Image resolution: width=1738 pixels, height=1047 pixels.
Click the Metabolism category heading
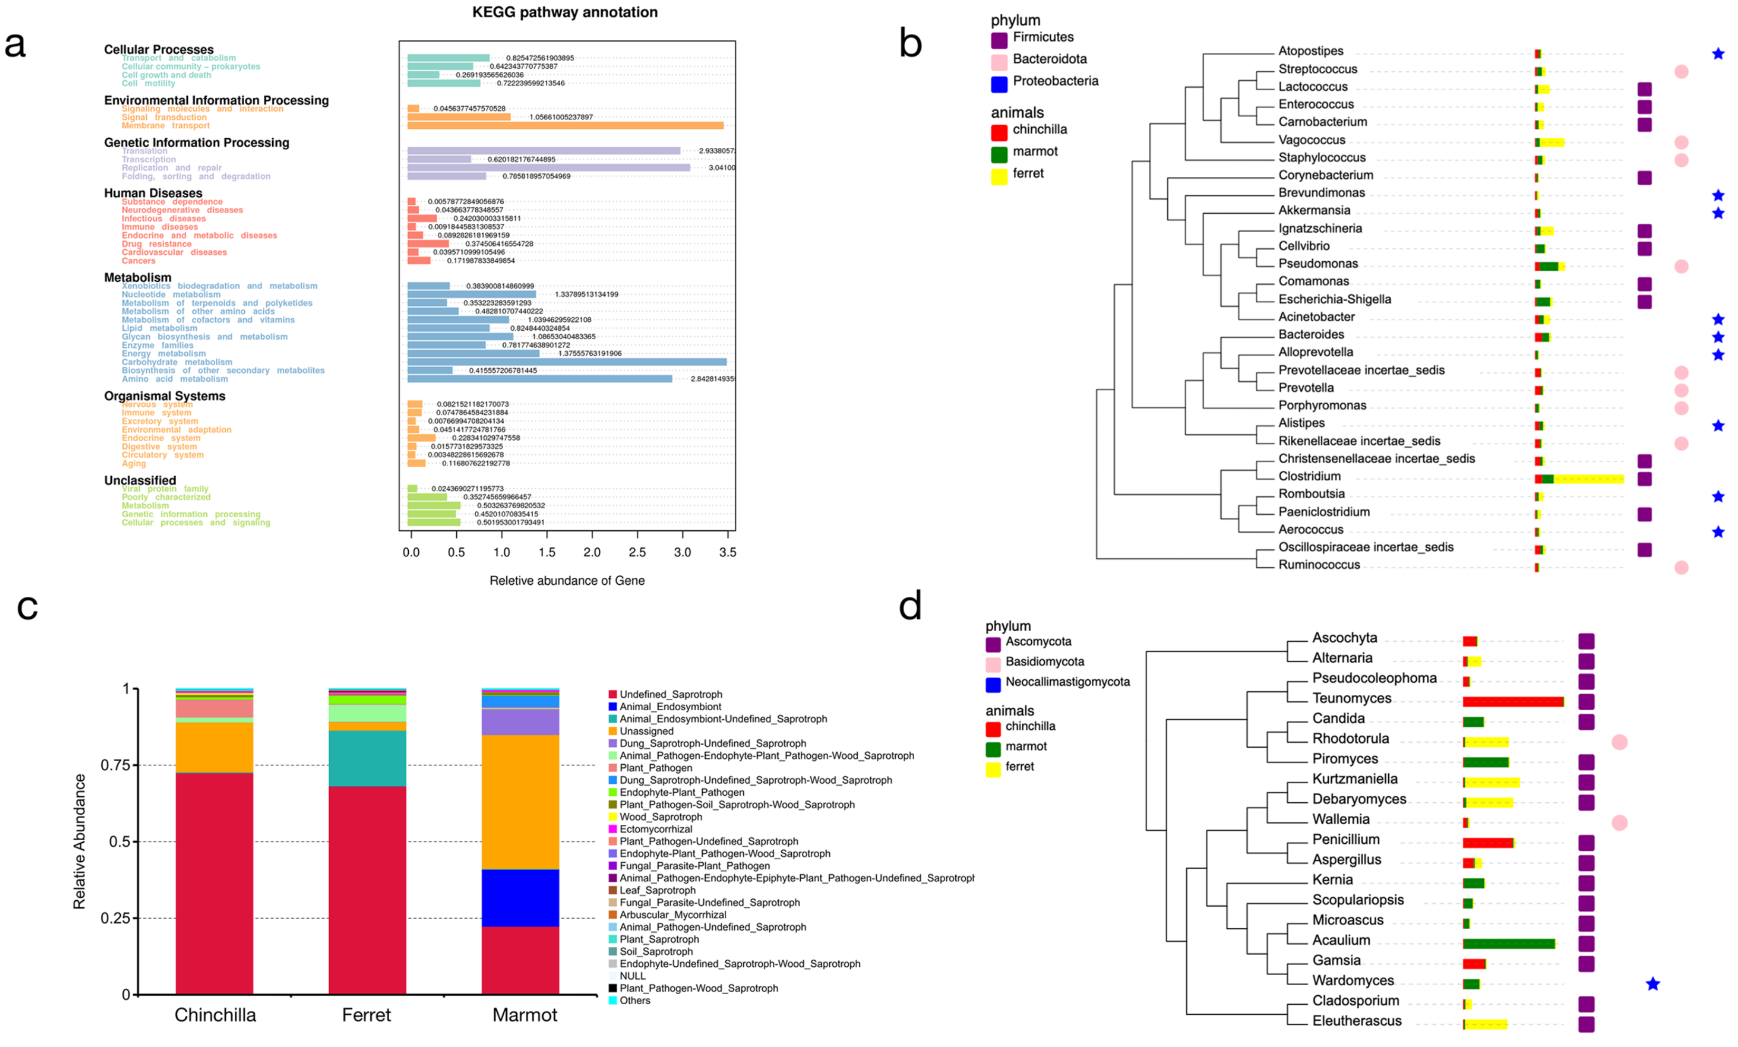tap(138, 277)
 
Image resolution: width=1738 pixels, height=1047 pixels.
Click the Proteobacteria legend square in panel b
tap(998, 84)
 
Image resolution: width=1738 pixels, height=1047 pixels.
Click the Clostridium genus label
tap(1309, 476)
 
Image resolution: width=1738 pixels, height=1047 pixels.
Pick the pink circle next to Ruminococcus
tap(1681, 567)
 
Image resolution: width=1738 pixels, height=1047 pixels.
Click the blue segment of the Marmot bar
tap(520, 898)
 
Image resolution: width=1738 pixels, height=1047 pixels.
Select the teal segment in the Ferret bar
tap(367, 758)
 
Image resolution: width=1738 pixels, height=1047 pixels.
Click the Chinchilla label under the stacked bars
tap(215, 1015)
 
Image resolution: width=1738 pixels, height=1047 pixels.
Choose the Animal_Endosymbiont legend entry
tap(670, 706)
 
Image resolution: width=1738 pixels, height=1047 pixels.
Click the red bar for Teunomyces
tap(1512, 701)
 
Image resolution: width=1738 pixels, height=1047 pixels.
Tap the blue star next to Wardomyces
tap(1652, 984)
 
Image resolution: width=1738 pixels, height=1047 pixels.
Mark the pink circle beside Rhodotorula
tap(1619, 741)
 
